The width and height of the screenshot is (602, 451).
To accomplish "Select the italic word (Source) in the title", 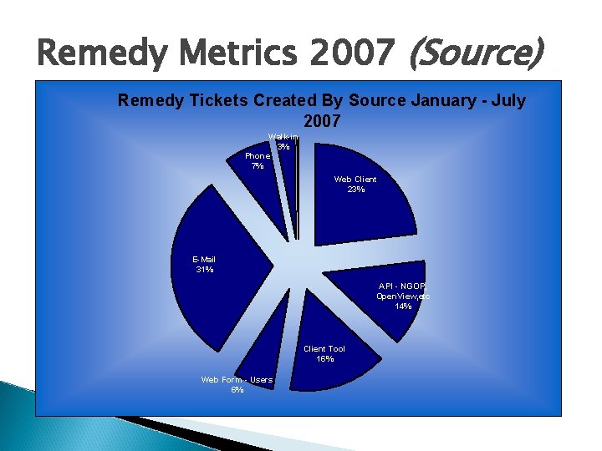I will pyautogui.click(x=474, y=55).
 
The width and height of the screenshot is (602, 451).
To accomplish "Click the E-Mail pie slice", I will pyautogui.click(x=226, y=284).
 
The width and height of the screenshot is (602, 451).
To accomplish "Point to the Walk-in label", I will pyautogui.click(x=283, y=136).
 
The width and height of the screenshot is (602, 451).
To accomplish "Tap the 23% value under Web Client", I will pyautogui.click(x=355, y=190).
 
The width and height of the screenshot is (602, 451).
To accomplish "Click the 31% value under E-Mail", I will pyautogui.click(x=204, y=270).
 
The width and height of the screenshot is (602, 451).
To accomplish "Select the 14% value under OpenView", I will pyautogui.click(x=403, y=307).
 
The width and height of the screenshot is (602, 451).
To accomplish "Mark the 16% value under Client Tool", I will pyautogui.click(x=324, y=359).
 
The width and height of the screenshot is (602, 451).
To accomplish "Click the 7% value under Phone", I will pyautogui.click(x=258, y=166).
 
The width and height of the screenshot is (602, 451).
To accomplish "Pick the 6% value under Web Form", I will pyautogui.click(x=237, y=390).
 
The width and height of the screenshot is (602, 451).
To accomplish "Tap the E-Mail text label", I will pyautogui.click(x=204, y=260).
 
